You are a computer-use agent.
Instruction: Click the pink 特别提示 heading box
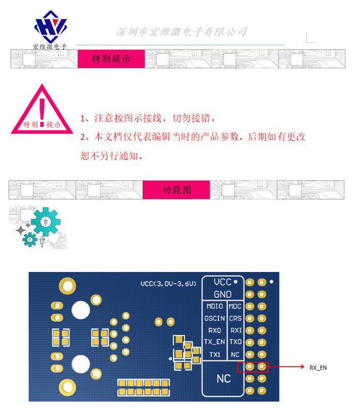111,59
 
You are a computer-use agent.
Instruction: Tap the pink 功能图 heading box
176,189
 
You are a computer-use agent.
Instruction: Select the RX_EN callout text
318,368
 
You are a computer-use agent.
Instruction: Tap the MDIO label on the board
214,306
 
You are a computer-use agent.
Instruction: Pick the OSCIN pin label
214,319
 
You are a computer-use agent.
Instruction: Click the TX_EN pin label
214,342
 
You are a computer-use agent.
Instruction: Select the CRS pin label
236,319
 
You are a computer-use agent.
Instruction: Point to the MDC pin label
236,306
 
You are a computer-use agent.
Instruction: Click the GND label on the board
223,294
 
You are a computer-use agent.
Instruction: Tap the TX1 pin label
214,354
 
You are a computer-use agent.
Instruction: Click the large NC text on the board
223,378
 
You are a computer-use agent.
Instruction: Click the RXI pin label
236,330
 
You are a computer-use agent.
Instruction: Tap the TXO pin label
236,342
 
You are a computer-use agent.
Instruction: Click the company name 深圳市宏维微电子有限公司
181,32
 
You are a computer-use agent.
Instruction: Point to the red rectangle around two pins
253,367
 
